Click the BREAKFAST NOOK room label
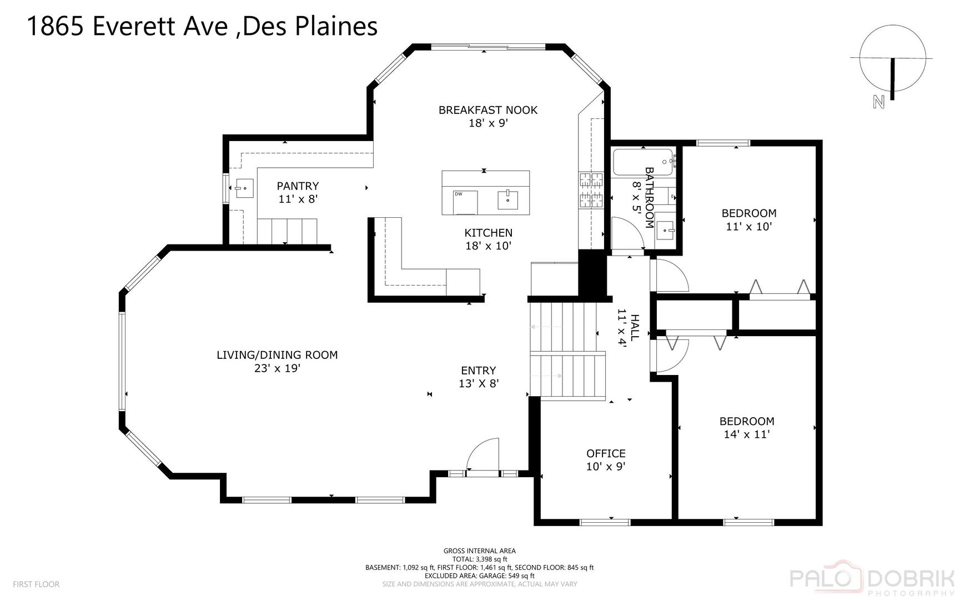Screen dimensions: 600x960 pos(488,116)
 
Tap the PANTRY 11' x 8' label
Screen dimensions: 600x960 pos(298,192)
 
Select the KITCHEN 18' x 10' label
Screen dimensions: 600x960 pos(488,239)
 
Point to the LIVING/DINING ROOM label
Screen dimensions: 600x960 pos(277,361)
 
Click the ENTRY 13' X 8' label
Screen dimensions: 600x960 pos(478,377)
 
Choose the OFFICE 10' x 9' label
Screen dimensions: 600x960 pos(606,459)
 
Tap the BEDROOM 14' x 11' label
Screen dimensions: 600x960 pos(747,427)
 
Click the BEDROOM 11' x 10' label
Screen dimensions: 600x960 pos(748,219)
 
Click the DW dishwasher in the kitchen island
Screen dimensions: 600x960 pos(465,202)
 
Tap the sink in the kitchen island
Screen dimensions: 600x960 pos(507,199)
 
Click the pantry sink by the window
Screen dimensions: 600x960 pos(244,188)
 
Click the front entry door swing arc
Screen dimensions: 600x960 pos(482,454)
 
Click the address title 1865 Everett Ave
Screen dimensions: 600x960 pos(202,26)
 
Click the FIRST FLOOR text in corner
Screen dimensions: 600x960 pos(36,584)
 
